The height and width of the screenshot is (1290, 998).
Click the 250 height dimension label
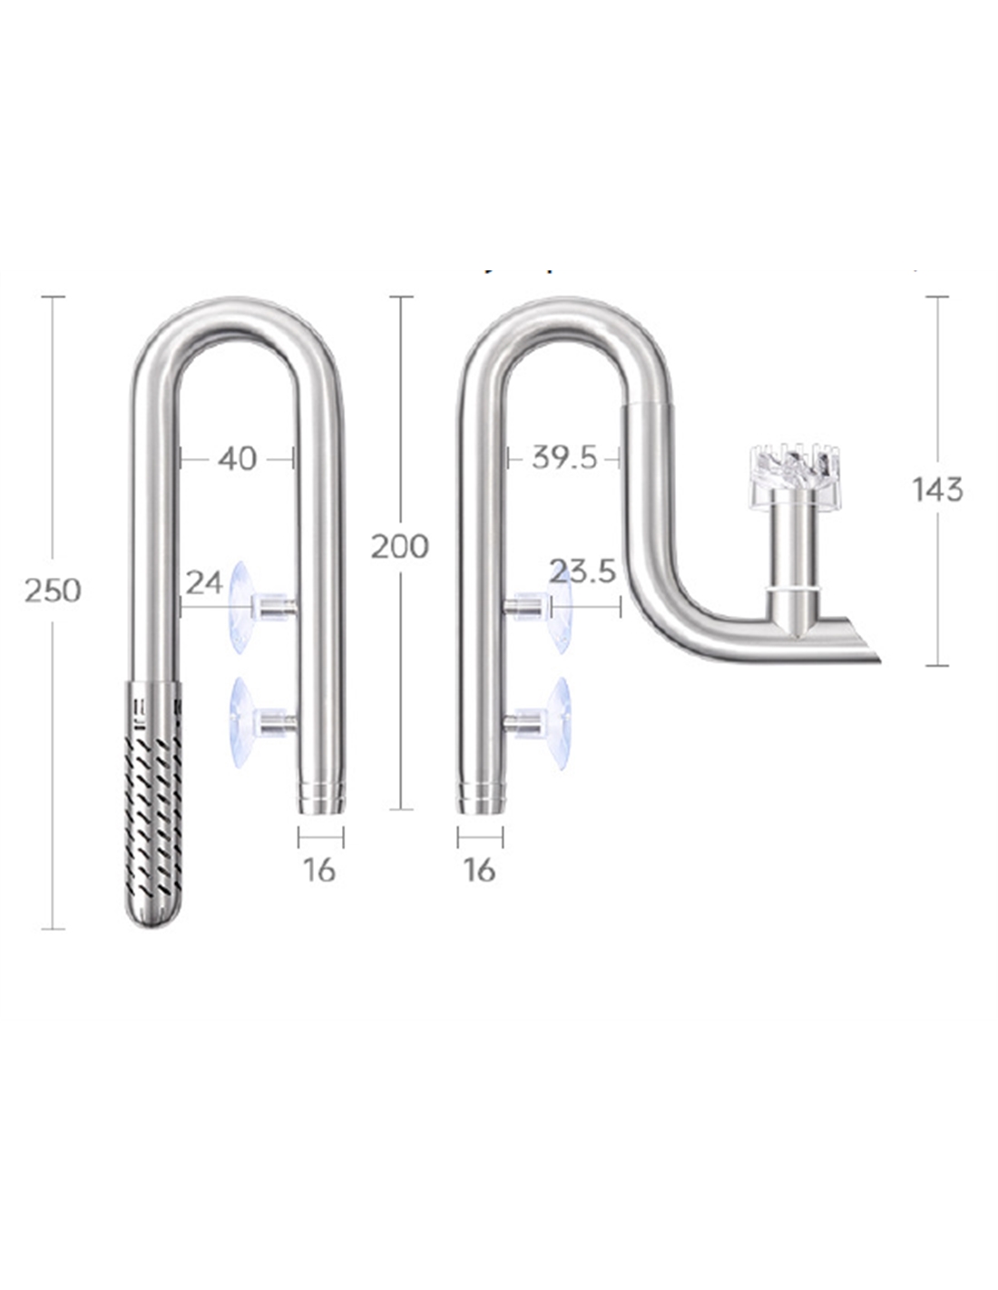pos(53,591)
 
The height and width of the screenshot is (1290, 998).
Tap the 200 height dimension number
pos(399,547)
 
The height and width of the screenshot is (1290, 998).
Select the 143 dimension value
pos(937,490)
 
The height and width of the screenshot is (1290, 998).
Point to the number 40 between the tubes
pos(238,459)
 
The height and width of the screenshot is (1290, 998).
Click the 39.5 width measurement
pos(564,458)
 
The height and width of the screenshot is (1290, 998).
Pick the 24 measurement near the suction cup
pos(204,582)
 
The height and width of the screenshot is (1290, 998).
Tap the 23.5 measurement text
pos(582,572)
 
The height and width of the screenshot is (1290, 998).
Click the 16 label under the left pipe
pos(319,870)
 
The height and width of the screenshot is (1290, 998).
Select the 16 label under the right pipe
pos(479,870)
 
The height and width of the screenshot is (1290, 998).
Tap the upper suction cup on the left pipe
pos(241,607)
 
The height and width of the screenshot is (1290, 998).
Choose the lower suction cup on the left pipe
pos(241,722)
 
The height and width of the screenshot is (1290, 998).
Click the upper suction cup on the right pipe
pos(559,606)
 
